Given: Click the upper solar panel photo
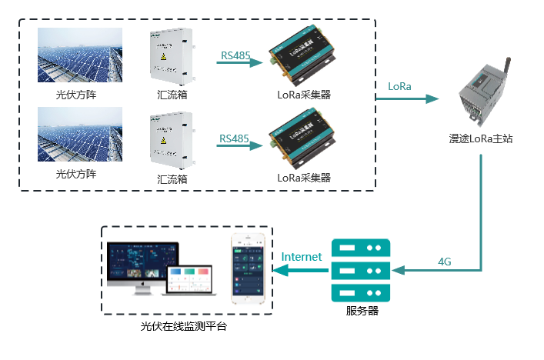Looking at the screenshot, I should [x=80, y=55].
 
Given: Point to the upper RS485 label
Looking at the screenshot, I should [x=235, y=55].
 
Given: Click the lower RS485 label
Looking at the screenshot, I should [x=235, y=138].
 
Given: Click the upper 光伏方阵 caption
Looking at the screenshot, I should [x=76, y=95].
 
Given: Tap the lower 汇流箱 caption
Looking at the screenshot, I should [x=172, y=178].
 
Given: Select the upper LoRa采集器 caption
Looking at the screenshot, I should [x=304, y=95].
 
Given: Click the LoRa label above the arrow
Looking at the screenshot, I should [x=399, y=86].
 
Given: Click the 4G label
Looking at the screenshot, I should [x=444, y=262].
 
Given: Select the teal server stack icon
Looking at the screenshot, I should [x=360, y=270].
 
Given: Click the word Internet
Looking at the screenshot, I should [x=302, y=257].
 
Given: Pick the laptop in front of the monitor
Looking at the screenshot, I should [x=189, y=280].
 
